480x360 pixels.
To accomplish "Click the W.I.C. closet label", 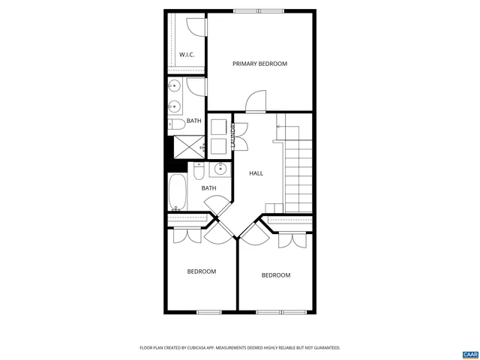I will point(187,55).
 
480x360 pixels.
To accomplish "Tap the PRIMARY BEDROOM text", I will point(259,64).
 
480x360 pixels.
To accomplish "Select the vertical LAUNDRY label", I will point(233,136).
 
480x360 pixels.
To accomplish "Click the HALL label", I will point(256,173).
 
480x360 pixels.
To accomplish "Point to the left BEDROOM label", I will point(202,271).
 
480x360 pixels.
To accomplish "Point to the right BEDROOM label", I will point(275,275).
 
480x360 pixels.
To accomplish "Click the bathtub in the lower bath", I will point(178,193).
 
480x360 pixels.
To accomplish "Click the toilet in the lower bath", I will point(198,172).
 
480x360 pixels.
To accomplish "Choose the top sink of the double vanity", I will point(173,85).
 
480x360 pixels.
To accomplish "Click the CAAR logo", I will point(469,353).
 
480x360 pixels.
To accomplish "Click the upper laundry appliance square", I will point(218,126).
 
